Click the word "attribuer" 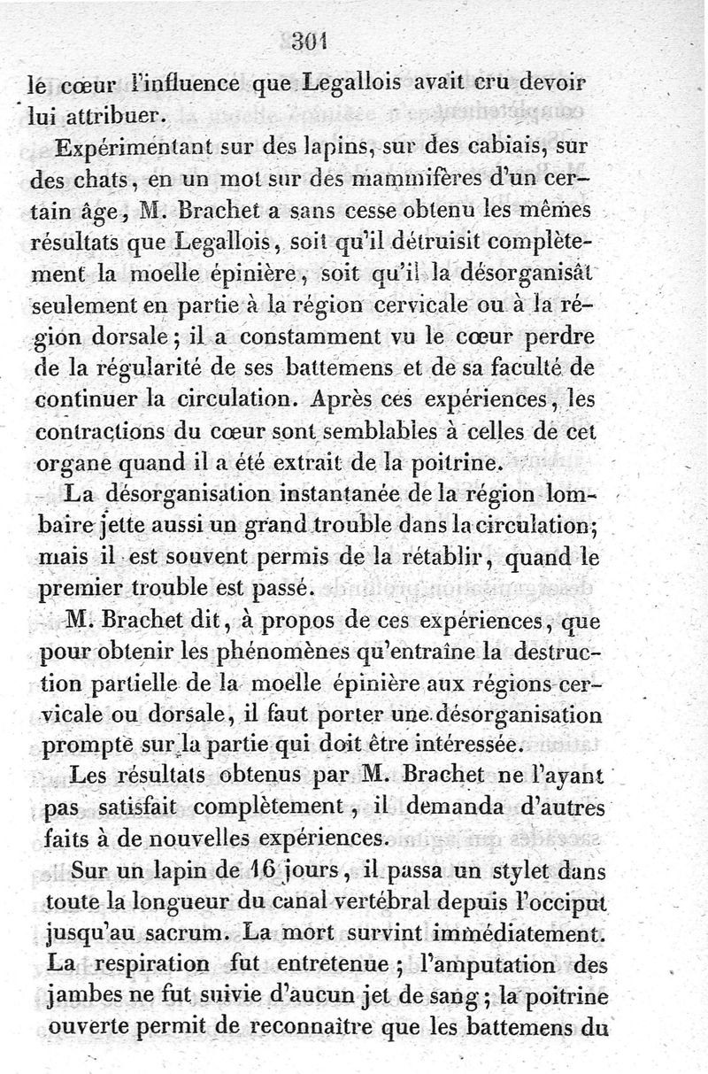tap(114, 115)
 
